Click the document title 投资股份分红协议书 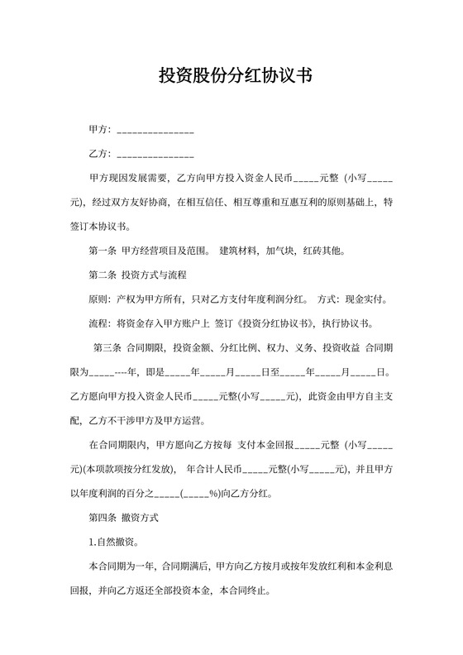pyautogui.click(x=235, y=77)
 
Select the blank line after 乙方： pyautogui.click(x=155, y=155)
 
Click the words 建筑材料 pyautogui.click(x=237, y=251)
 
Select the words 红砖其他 pyautogui.click(x=323, y=251)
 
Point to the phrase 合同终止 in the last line pyautogui.click(x=246, y=592)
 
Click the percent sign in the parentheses pyautogui.click(x=212, y=495)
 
